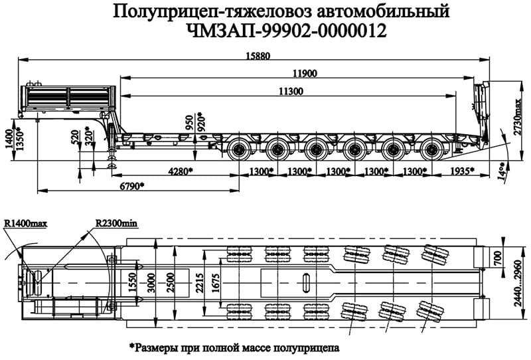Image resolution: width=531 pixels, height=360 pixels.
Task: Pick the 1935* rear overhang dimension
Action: (x=461, y=171)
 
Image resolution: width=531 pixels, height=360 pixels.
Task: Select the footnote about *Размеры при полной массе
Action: (x=234, y=347)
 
